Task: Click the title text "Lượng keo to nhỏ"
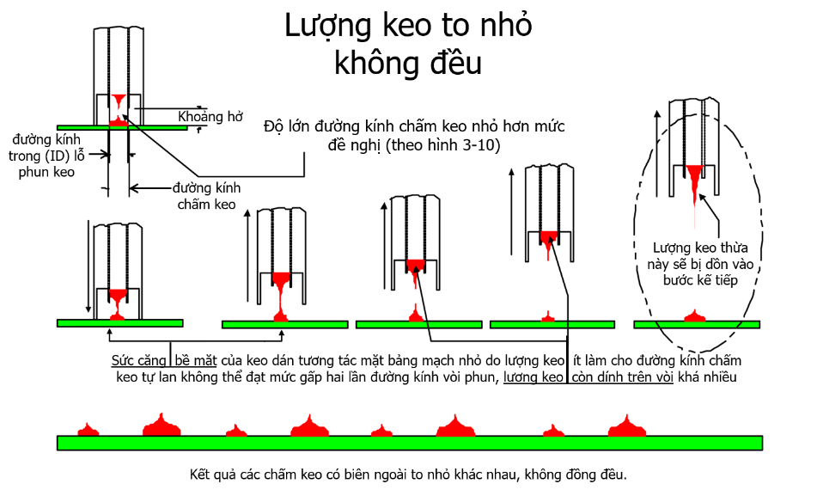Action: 408,27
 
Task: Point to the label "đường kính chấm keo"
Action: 206,196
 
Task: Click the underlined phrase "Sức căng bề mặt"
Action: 164,360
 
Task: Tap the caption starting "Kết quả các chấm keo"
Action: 408,474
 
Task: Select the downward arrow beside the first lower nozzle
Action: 88,267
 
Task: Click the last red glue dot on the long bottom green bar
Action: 627,425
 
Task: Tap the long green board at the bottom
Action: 408,443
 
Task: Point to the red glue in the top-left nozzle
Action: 119,101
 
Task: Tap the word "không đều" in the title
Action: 408,64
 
